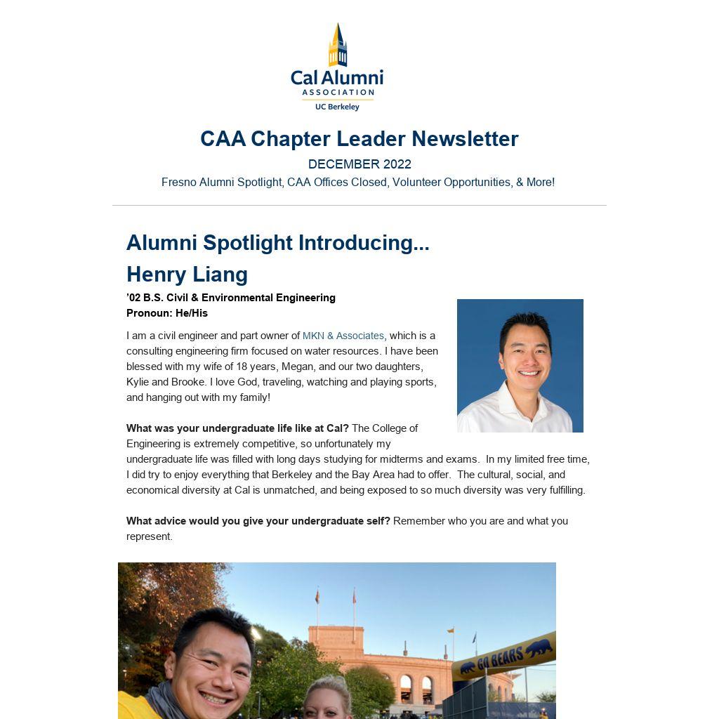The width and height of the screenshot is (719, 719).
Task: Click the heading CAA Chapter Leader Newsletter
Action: pyautogui.click(x=359, y=139)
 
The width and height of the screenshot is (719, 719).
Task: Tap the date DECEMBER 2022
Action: pyautogui.click(x=359, y=164)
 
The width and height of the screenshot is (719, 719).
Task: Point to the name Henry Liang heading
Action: pyautogui.click(x=187, y=274)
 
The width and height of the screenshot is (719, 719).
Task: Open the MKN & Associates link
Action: pyautogui.click(x=343, y=336)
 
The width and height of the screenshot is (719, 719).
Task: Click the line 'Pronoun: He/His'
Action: pyautogui.click(x=167, y=313)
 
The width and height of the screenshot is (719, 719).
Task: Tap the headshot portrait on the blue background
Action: pyautogui.click(x=520, y=365)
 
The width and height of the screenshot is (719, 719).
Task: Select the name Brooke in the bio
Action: pyautogui.click(x=187, y=382)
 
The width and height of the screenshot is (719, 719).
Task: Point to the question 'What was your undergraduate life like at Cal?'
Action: pyautogui.click(x=237, y=428)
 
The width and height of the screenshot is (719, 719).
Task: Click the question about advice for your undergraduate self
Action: pyautogui.click(x=258, y=521)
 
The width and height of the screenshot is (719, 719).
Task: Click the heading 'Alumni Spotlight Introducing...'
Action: pyautogui.click(x=277, y=243)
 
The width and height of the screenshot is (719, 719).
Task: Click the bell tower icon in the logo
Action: pyautogui.click(x=338, y=45)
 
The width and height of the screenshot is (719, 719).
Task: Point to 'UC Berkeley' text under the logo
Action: pyautogui.click(x=337, y=107)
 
